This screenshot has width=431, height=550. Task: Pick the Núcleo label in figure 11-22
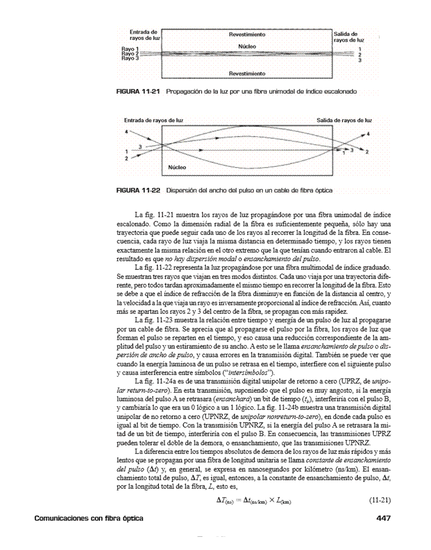tap(178, 168)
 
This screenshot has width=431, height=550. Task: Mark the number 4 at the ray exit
tap(368, 133)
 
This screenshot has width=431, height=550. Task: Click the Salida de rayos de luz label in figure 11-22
tap(344, 121)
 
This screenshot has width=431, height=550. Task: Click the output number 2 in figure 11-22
tap(366, 153)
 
